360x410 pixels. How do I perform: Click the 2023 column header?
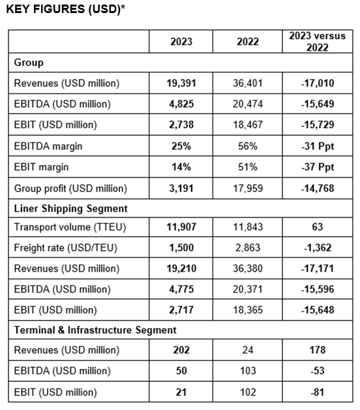[x=181, y=42]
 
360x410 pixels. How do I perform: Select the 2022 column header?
[x=248, y=42]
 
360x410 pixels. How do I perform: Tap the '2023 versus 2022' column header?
[x=318, y=42]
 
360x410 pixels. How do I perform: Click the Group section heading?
[x=29, y=63]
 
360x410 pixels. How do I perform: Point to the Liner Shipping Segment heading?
[x=71, y=208]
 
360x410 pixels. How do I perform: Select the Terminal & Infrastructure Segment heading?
[x=95, y=330]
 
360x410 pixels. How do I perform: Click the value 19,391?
[x=181, y=83]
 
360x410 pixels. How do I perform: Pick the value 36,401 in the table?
[x=248, y=83]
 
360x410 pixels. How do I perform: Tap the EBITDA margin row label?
[x=48, y=146]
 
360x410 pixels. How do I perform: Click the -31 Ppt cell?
[x=318, y=146]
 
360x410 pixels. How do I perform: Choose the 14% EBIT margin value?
[x=181, y=167]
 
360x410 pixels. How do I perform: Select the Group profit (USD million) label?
[x=70, y=189]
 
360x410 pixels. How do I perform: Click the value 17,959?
[x=248, y=188]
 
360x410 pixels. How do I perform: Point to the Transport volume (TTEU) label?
[x=70, y=227]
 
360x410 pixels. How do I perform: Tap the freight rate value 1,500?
[x=181, y=247]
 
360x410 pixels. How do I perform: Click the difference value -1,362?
[x=318, y=247]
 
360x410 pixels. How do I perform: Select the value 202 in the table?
[x=181, y=350]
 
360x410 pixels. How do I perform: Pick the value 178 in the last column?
[x=318, y=350]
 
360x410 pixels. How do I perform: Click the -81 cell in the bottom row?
[x=318, y=392]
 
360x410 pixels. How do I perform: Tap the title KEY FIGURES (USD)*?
[x=66, y=9]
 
